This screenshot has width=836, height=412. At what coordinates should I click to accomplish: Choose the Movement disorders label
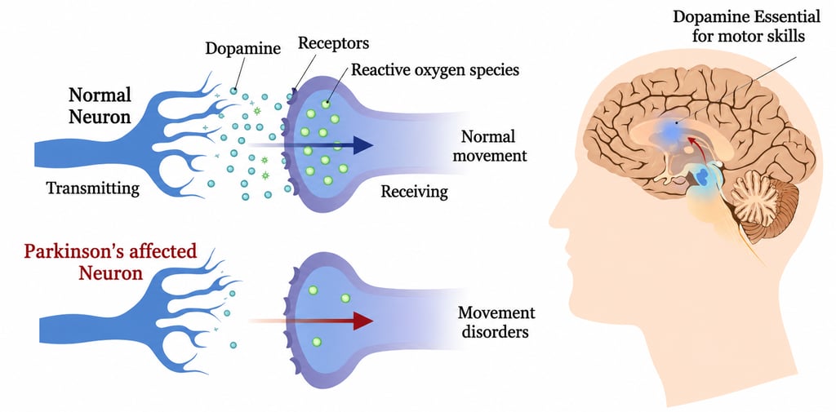pos(496,322)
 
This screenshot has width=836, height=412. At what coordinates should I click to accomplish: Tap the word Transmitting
pos(93,188)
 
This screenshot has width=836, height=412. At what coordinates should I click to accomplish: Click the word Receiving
pos(415,192)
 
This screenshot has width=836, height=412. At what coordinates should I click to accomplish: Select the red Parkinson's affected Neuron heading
pos(110,261)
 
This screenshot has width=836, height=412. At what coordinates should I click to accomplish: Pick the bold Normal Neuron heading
pos(99,105)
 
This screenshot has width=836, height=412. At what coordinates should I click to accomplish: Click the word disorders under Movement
pos(496,332)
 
